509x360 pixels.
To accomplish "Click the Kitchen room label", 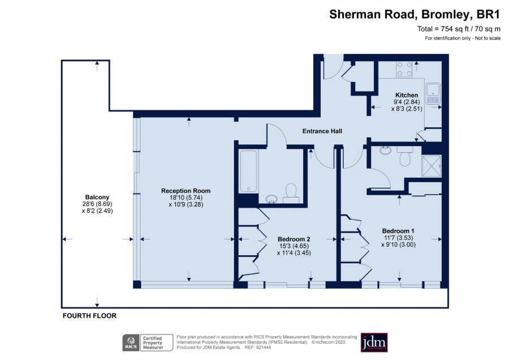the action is pos(407,95).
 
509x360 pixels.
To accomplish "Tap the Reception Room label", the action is pos(186,191).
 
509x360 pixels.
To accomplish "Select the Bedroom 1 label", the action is pos(398,231).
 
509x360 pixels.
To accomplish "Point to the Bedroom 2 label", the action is pos(294,239).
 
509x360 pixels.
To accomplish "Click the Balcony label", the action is pos(97,197).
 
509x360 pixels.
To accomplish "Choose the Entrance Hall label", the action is pos(322,131).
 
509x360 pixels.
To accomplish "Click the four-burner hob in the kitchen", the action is pos(404,69).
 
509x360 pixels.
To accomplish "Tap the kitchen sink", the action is pos(433,94).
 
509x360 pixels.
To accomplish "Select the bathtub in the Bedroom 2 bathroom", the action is pos(249,172).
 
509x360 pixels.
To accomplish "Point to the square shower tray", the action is pos(432,166).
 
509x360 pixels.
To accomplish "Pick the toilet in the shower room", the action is pos(405,156).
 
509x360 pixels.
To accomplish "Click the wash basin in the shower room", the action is pos(385,151).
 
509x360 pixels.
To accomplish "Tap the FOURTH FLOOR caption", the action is pos(89,316).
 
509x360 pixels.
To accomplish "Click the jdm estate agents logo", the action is pos(374,342).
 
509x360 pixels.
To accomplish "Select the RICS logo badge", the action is pos(131,343).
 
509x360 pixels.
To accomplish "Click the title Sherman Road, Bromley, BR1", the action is pos(415,14).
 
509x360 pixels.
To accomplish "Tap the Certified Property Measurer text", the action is pos(153,343).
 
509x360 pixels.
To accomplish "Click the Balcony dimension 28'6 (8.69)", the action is pos(97,204).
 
